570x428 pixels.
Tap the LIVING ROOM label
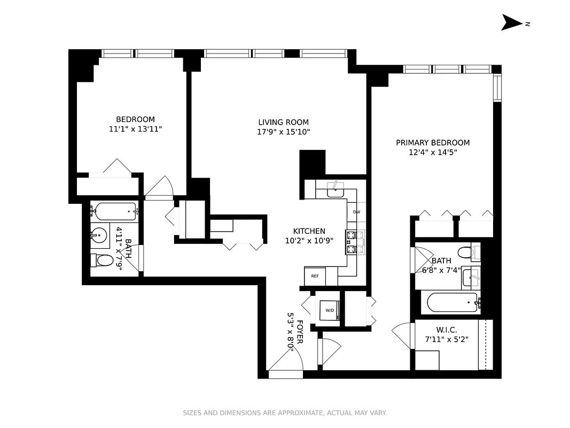(283, 122)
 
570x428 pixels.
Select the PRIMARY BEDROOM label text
(433, 142)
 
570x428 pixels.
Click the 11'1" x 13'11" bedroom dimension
(135, 129)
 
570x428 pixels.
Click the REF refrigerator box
(315, 276)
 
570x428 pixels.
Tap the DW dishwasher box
(356, 212)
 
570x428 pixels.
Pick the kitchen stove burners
(353, 241)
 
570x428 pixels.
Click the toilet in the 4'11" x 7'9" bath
(103, 261)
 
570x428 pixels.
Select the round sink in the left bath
(99, 234)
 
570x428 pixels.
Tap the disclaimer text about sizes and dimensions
(285, 412)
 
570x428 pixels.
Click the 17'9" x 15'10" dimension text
(283, 132)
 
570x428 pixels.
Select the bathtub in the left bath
(114, 212)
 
